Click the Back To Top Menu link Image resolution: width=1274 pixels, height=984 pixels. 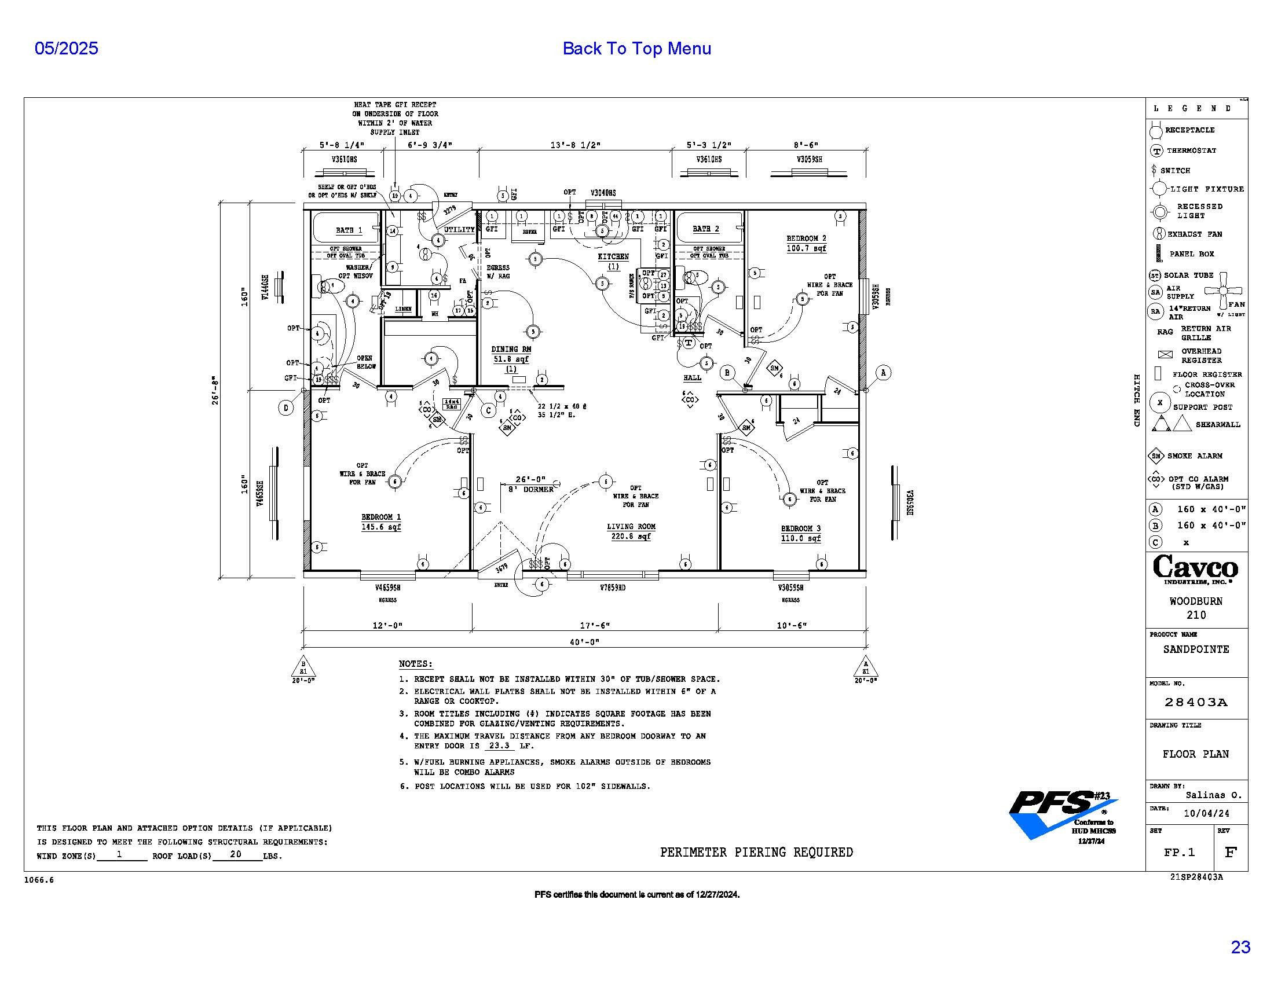pyautogui.click(x=636, y=49)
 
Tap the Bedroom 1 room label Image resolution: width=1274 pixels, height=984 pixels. pyautogui.click(x=381, y=517)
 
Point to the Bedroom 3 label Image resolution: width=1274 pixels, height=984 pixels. pyautogui.click(x=800, y=528)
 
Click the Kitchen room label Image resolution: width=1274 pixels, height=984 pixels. pyautogui.click(x=613, y=256)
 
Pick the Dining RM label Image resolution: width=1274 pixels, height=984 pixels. pyautogui.click(x=511, y=349)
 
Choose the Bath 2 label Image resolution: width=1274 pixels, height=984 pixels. pyautogui.click(x=706, y=229)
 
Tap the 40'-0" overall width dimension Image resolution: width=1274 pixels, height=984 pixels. pyautogui.click(x=584, y=642)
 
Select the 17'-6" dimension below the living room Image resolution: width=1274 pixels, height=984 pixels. pyautogui.click(x=595, y=626)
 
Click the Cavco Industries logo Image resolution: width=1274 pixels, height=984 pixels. pyautogui.click(x=1195, y=569)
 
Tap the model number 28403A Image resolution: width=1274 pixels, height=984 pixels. pyautogui.click(x=1196, y=703)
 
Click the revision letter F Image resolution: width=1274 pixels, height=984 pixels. pyautogui.click(x=1230, y=852)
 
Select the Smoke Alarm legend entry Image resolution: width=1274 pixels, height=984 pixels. pyautogui.click(x=1194, y=456)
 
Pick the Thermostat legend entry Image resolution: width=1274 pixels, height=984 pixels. pyautogui.click(x=1191, y=150)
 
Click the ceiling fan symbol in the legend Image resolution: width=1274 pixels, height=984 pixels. pyautogui.click(x=1223, y=290)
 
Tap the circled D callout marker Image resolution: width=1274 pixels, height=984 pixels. pyautogui.click(x=286, y=408)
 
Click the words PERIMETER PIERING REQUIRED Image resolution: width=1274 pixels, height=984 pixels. pyautogui.click(x=756, y=852)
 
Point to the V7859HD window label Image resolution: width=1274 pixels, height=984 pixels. pyautogui.click(x=613, y=588)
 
